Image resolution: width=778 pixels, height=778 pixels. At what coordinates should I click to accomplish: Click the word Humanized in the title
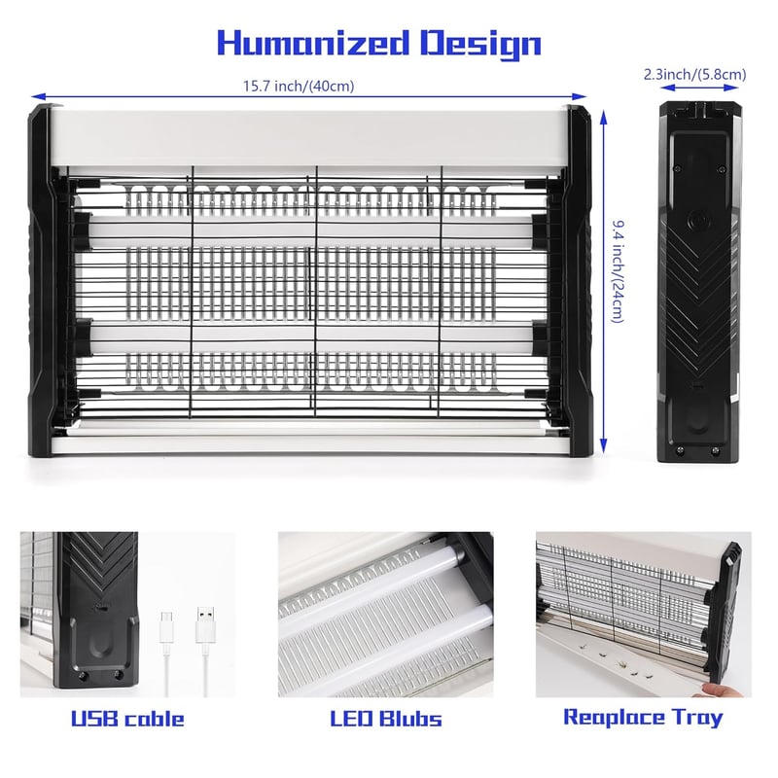click(313, 43)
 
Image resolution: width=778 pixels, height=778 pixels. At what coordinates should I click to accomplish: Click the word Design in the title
click(480, 44)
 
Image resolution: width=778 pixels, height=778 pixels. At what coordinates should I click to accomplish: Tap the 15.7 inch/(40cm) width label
click(299, 86)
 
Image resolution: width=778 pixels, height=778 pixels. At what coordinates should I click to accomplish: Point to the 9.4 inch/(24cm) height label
click(617, 271)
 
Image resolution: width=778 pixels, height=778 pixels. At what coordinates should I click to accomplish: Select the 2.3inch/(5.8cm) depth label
click(694, 75)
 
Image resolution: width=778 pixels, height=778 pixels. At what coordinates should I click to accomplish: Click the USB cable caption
click(127, 719)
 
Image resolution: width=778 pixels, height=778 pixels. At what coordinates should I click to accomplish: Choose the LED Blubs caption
click(386, 719)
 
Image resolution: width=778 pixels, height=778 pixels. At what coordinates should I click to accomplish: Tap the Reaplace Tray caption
click(643, 718)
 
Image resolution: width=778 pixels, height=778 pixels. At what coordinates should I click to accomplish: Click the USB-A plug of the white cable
click(205, 625)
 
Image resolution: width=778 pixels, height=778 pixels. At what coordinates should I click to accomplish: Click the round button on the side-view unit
click(697, 220)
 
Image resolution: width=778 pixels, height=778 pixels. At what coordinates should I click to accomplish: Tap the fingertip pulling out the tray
click(715, 690)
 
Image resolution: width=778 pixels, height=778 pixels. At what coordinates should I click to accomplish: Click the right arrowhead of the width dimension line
click(581, 96)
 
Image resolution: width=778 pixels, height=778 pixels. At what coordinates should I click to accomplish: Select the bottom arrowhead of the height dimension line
click(603, 446)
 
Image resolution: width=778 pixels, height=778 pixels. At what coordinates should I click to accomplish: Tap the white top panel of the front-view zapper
click(310, 137)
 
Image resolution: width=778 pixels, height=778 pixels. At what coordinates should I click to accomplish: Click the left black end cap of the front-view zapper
click(42, 279)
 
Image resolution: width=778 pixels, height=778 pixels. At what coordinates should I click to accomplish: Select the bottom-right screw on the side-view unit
click(715, 451)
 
